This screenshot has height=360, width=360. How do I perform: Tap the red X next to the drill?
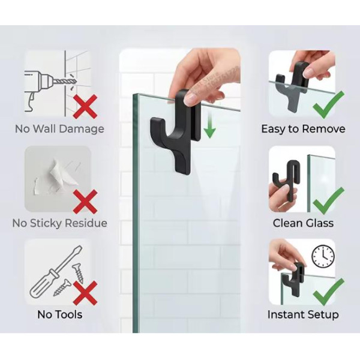coord(85,107)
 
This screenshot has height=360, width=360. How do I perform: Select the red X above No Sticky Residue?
coord(85,202)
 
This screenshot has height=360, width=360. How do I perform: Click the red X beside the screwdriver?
coord(85,293)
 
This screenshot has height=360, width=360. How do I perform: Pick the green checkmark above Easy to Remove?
coord(329,104)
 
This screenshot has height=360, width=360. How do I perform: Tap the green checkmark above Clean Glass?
coord(329,201)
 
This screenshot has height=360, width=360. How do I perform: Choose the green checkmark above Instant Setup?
coord(329,292)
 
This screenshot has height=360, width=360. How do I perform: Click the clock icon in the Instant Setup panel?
coord(323,256)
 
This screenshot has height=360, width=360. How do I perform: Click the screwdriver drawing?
coord(56,272)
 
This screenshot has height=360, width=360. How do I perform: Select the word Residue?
coord(86,223)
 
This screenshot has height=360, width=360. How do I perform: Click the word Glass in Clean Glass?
coord(319,223)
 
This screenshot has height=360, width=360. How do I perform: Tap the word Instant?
coord(286,314)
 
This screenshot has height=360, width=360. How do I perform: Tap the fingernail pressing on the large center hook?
coord(190,99)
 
